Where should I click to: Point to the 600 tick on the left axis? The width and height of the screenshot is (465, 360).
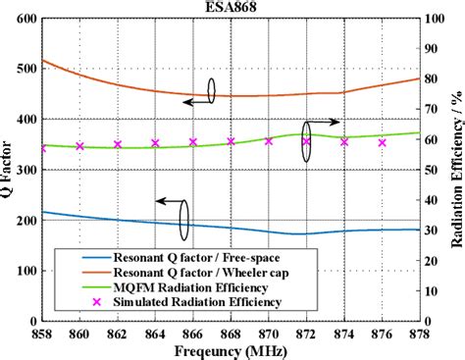pyautogui.click(x=26, y=20)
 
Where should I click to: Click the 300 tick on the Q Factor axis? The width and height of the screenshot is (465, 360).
pyautogui.click(x=26, y=171)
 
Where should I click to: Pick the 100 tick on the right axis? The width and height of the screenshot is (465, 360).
pyautogui.click(x=432, y=20)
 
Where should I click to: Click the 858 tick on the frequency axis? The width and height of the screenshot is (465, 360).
pyautogui.click(x=41, y=334)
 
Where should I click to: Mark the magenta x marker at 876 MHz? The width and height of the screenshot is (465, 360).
pyautogui.click(x=382, y=142)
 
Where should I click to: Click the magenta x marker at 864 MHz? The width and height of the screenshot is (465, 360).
pyautogui.click(x=155, y=143)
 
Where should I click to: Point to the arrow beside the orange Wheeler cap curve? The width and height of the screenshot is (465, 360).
pyautogui.click(x=197, y=100)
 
